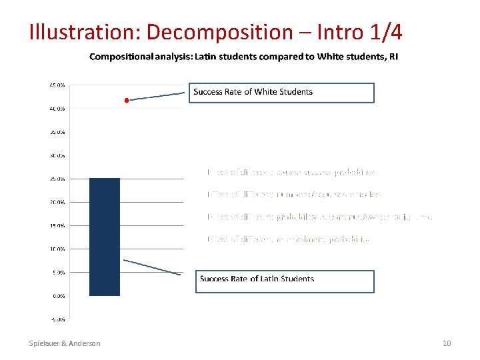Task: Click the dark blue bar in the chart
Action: tap(105, 237)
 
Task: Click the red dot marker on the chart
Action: tap(127, 100)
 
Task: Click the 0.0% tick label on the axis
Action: tap(58, 295)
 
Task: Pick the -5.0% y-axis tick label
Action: tap(57, 319)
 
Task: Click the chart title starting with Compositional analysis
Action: tap(244, 57)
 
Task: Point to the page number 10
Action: tap(447, 343)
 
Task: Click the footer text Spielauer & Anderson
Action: tap(65, 343)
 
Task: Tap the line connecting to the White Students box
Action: tap(157, 96)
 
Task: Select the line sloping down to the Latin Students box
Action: tap(152, 267)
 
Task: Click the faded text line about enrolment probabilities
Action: tap(288, 239)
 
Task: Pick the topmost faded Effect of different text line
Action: tap(291, 172)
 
